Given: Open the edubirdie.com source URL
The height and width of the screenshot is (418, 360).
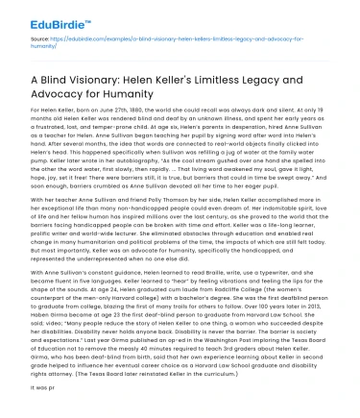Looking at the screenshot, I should click(x=173, y=41).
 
